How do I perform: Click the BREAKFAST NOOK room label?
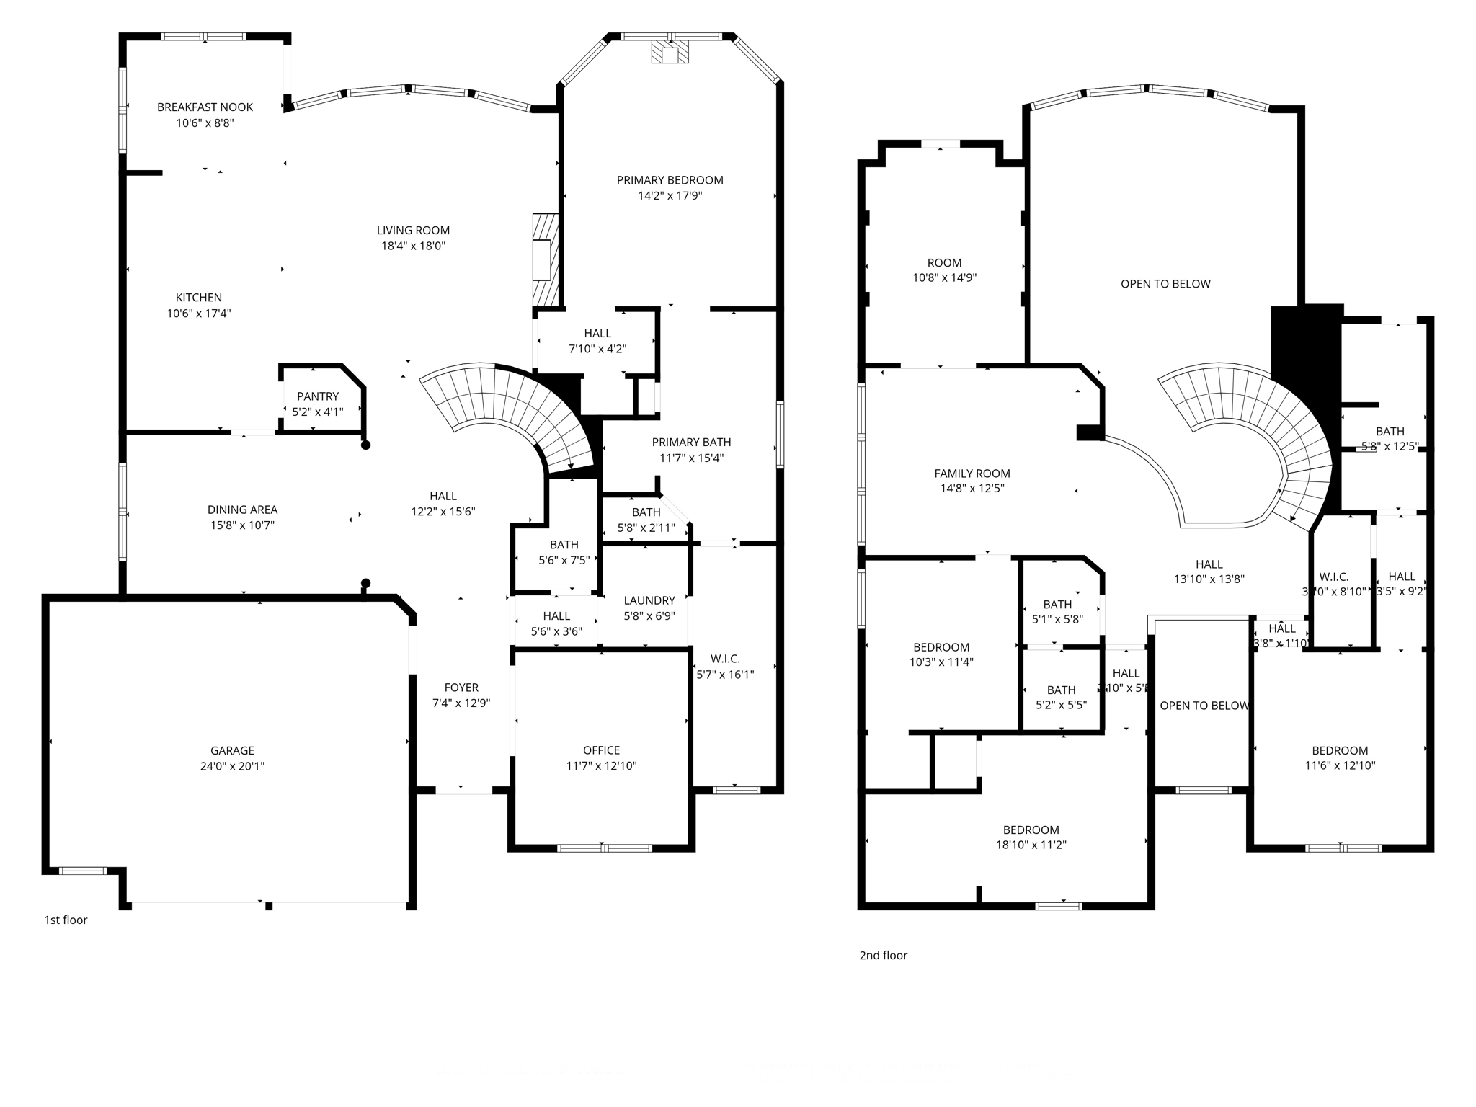(205, 107)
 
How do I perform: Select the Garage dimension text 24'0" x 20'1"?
(232, 766)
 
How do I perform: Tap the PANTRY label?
(317, 396)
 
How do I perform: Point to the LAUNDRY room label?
(649, 600)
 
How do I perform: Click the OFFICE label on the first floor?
(601, 750)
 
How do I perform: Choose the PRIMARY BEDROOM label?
(670, 180)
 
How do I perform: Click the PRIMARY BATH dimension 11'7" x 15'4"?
(691, 458)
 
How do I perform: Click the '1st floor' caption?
(66, 920)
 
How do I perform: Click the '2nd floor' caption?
(883, 955)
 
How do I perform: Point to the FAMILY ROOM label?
(972, 474)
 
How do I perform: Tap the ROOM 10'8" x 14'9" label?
(944, 263)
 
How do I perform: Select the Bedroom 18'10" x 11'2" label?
(1031, 830)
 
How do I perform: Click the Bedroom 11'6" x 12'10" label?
(1339, 750)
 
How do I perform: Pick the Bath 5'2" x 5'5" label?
(1061, 690)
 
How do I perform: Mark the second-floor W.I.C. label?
(1333, 577)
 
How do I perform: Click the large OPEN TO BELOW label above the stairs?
(1165, 284)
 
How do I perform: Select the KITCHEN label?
(198, 298)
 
